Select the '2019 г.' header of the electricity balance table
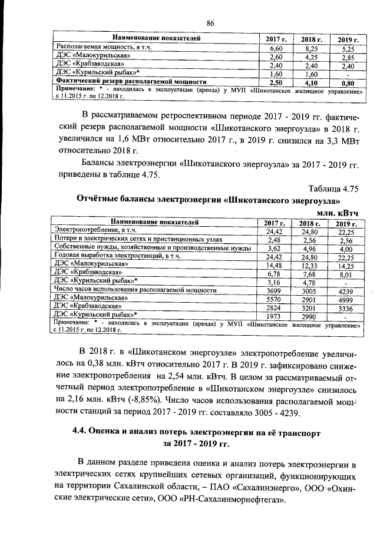(x=346, y=223)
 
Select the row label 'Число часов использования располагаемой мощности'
(x=136, y=290)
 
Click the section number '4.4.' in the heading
(x=80, y=432)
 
